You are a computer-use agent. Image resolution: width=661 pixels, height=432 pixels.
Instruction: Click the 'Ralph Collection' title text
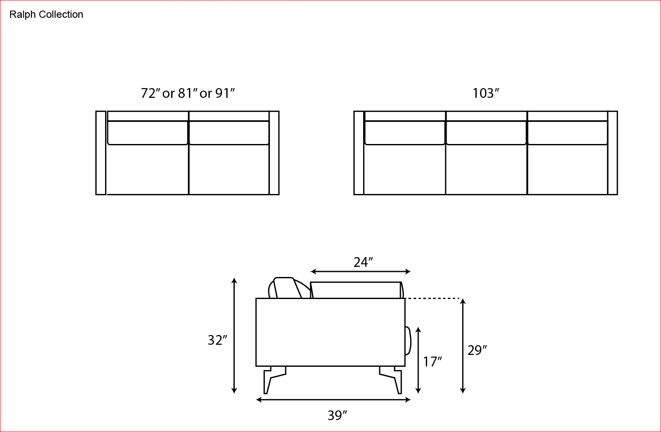pyautogui.click(x=46, y=14)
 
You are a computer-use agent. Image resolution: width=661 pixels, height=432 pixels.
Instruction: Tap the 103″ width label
pyautogui.click(x=486, y=93)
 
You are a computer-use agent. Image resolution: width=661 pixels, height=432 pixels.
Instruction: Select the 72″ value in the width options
pyautogui.click(x=150, y=93)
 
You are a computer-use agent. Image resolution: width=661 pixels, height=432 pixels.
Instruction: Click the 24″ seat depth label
pyautogui.click(x=363, y=262)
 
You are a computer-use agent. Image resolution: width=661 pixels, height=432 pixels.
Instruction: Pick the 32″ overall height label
pyautogui.click(x=217, y=340)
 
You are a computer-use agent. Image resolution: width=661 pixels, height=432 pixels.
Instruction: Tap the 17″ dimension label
pyautogui.click(x=432, y=362)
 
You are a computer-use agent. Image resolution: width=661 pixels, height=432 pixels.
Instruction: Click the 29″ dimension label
pyautogui.click(x=477, y=350)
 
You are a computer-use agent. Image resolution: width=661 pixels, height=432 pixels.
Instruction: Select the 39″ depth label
pyautogui.click(x=337, y=415)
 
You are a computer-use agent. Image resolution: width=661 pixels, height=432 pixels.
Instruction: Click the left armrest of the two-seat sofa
pyautogui.click(x=101, y=153)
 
